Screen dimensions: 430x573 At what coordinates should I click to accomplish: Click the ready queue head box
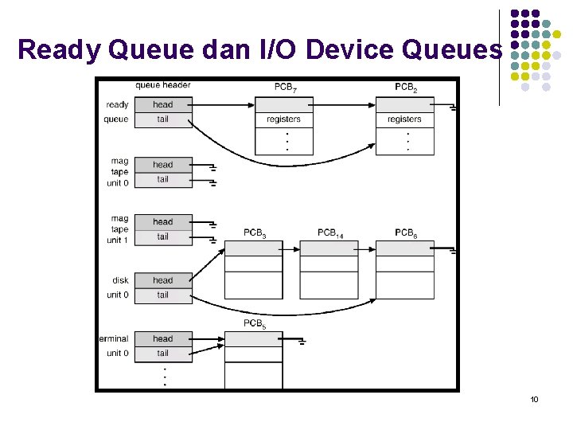[162, 104]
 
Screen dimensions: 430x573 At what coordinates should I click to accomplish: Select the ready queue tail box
[162, 119]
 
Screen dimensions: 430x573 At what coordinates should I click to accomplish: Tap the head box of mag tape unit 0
[162, 165]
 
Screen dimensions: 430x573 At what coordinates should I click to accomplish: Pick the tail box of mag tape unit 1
[162, 236]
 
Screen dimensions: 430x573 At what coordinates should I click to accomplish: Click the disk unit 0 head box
[162, 280]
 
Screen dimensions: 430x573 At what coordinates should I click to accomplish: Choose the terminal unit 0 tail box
[162, 353]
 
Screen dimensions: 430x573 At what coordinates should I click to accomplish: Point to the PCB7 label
[286, 88]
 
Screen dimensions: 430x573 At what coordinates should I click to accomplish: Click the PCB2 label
[406, 88]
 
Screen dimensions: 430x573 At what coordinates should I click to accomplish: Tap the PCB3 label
[255, 233]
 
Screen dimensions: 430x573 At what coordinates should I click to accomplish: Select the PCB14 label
[330, 233]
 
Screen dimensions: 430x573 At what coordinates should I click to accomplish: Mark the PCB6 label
[406, 233]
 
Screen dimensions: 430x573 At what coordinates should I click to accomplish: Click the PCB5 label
[255, 323]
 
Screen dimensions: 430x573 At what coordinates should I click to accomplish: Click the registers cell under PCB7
[284, 119]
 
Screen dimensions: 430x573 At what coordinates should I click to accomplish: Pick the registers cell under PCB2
[405, 119]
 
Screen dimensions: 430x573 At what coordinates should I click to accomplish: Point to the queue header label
[162, 85]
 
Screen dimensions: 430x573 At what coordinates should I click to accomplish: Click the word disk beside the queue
[120, 280]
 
